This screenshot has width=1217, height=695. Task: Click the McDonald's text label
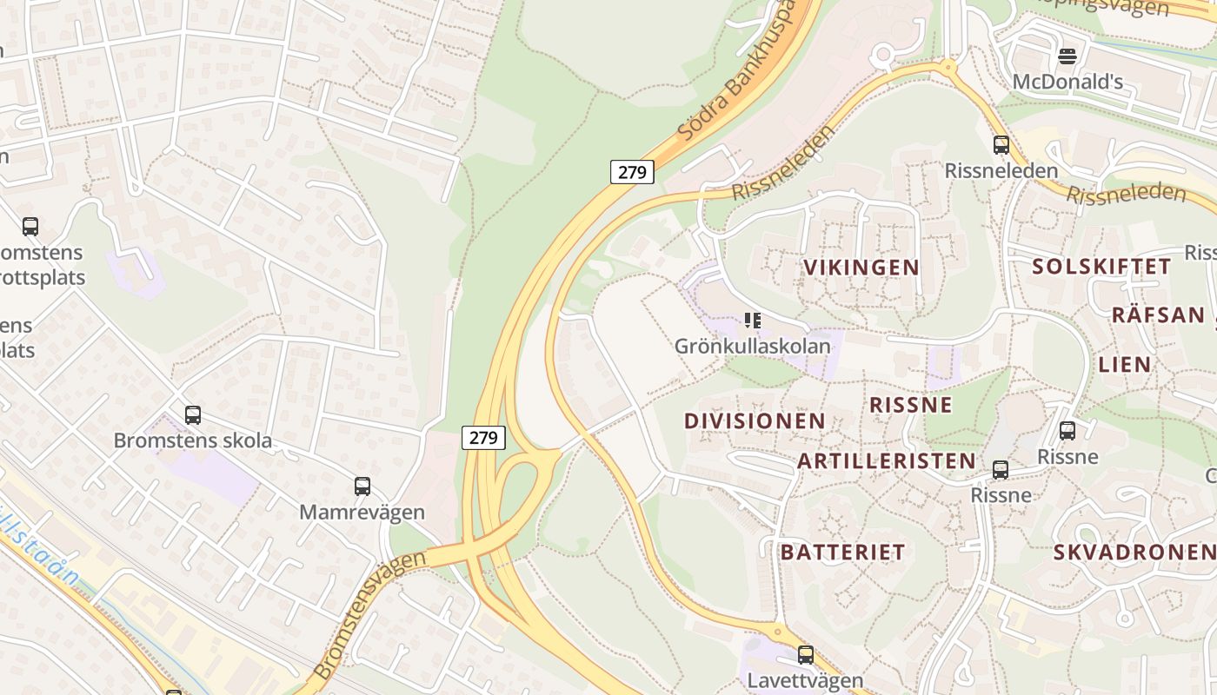[x=1067, y=83]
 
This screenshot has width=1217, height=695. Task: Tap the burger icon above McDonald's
[x=1067, y=56]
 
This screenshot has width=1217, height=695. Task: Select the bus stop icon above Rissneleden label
[x=1001, y=145]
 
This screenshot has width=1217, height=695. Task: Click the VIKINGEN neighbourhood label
[x=861, y=268]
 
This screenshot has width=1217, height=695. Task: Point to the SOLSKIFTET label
[x=1101, y=267]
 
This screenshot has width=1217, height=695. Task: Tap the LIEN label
[x=1125, y=364]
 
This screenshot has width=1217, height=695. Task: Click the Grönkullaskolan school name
[x=753, y=346]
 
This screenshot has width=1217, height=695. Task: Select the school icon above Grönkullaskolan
[x=753, y=321]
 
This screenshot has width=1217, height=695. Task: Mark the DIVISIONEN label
[x=755, y=421]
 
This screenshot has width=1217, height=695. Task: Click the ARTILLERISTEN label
[x=887, y=461]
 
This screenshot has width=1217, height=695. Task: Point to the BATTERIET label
[x=842, y=552]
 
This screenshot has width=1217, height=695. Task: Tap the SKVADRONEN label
[x=1134, y=552]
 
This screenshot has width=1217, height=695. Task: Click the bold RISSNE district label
[x=911, y=405]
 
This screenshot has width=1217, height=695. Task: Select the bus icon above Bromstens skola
[x=193, y=415]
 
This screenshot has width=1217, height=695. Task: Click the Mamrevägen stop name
[x=362, y=513]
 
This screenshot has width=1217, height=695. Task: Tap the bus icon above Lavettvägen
[x=806, y=655]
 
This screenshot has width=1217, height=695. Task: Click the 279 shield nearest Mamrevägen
[x=483, y=438]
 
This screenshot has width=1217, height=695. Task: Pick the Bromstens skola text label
[x=193, y=440]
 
